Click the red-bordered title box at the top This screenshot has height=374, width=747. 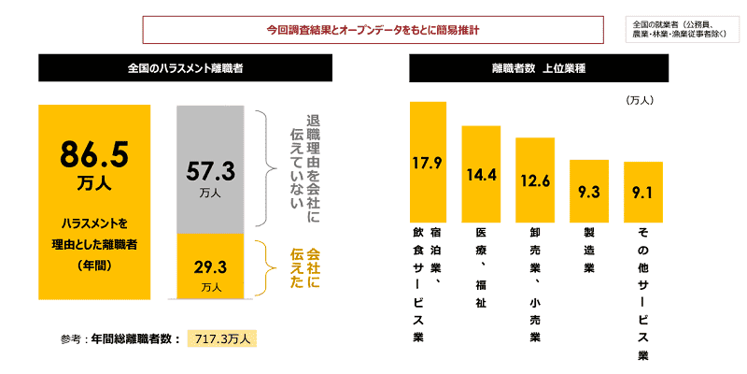[373, 30]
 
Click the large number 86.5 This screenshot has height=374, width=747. [93, 152]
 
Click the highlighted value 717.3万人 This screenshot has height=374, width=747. [221, 338]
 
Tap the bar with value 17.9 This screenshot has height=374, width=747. [428, 162]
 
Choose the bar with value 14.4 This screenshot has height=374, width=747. [482, 174]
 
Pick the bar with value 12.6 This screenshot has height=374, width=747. [535, 180]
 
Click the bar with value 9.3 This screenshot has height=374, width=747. [588, 191]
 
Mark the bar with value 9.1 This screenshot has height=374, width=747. [642, 192]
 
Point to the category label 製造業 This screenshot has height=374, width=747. [589, 251]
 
